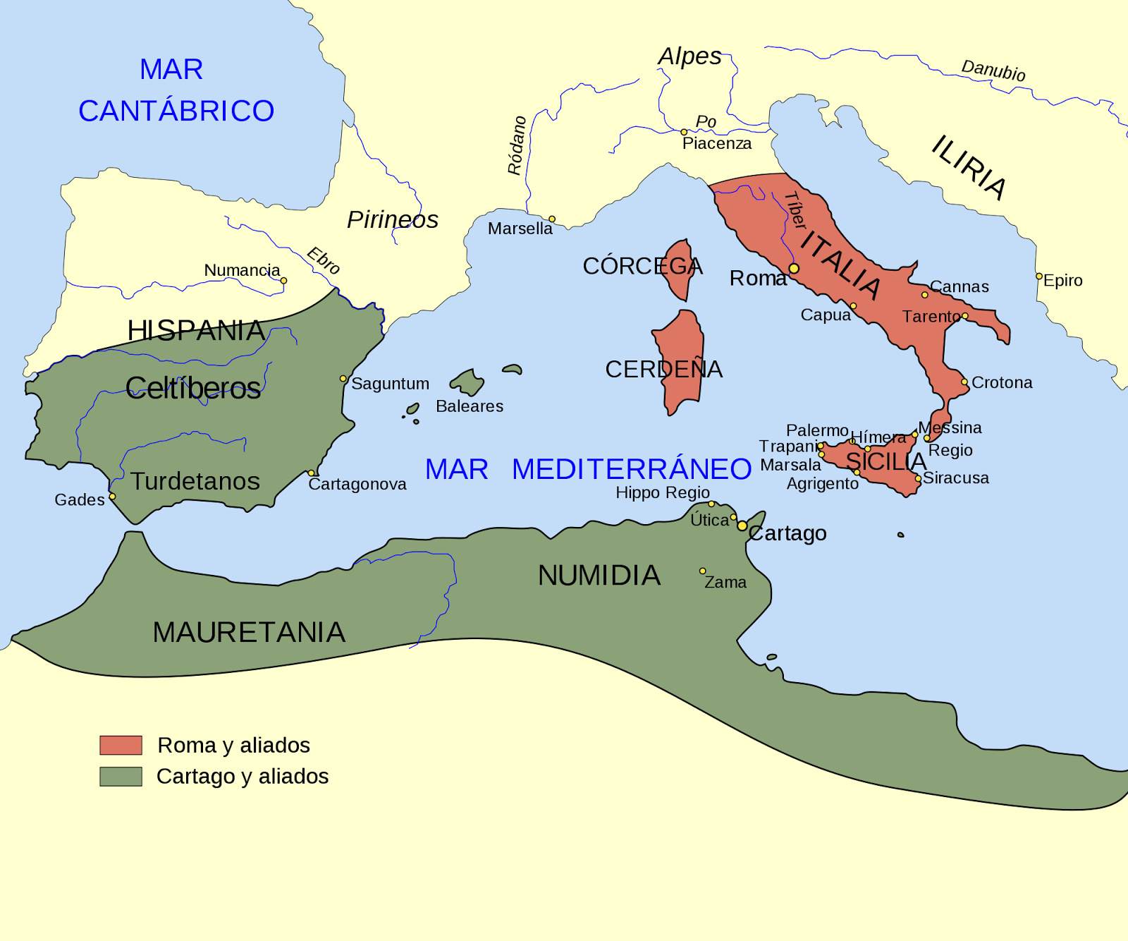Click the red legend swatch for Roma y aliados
pyautogui.click(x=121, y=745)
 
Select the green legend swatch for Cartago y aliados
pyautogui.click(x=121, y=776)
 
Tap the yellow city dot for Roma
pyautogui.click(x=794, y=269)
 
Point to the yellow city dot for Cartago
pyautogui.click(x=742, y=526)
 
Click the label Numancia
pyautogui.click(x=242, y=270)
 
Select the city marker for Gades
pyautogui.click(x=112, y=497)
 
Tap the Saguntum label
pyautogui.click(x=390, y=384)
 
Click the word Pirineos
pyautogui.click(x=393, y=220)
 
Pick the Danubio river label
pyautogui.click(x=993, y=71)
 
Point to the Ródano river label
pyautogui.click(x=517, y=145)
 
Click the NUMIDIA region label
pyautogui.click(x=599, y=576)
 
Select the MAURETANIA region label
pyautogui.click(x=249, y=632)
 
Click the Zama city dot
pyautogui.click(x=702, y=571)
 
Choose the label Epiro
pyautogui.click(x=1062, y=281)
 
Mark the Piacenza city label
pyautogui.click(x=716, y=144)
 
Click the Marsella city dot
pyautogui.click(x=552, y=219)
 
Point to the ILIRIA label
pyautogui.click(x=969, y=167)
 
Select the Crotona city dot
pyautogui.click(x=964, y=382)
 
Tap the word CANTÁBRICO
pyautogui.click(x=176, y=111)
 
